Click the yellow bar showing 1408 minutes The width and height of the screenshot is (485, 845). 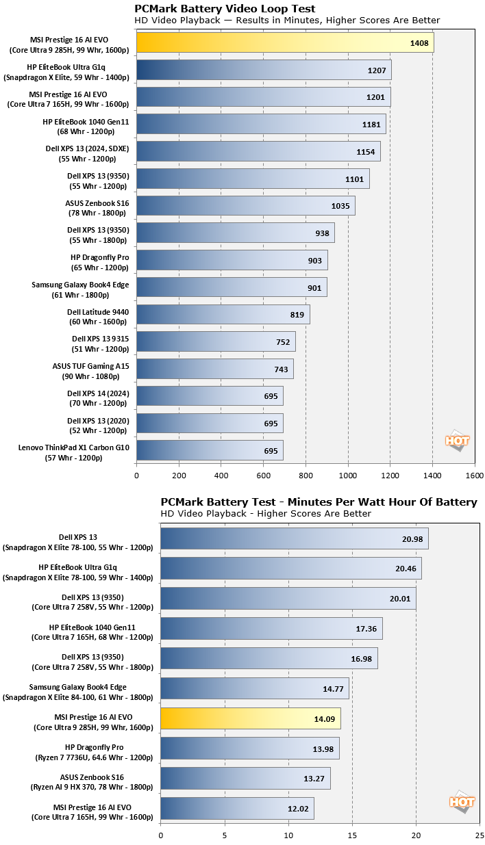[x=284, y=42]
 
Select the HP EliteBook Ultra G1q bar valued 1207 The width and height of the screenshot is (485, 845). [x=264, y=70]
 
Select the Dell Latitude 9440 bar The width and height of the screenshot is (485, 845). [x=223, y=315]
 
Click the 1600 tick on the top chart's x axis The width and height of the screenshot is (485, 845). [x=475, y=476]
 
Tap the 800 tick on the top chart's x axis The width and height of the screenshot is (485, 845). [x=306, y=476]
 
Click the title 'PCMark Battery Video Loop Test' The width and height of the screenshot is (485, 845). [x=225, y=9]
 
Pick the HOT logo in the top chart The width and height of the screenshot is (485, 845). [x=457, y=441]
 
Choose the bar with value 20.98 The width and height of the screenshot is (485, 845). [x=294, y=538]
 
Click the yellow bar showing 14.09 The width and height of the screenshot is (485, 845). [x=250, y=719]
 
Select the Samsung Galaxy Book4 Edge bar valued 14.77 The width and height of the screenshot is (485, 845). [x=254, y=689]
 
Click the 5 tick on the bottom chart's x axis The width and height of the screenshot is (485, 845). [x=224, y=835]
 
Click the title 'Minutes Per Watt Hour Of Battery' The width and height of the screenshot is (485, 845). [x=319, y=502]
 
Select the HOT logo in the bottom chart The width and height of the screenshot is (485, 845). [x=462, y=801]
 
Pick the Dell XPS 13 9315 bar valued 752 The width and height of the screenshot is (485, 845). [x=216, y=341]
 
